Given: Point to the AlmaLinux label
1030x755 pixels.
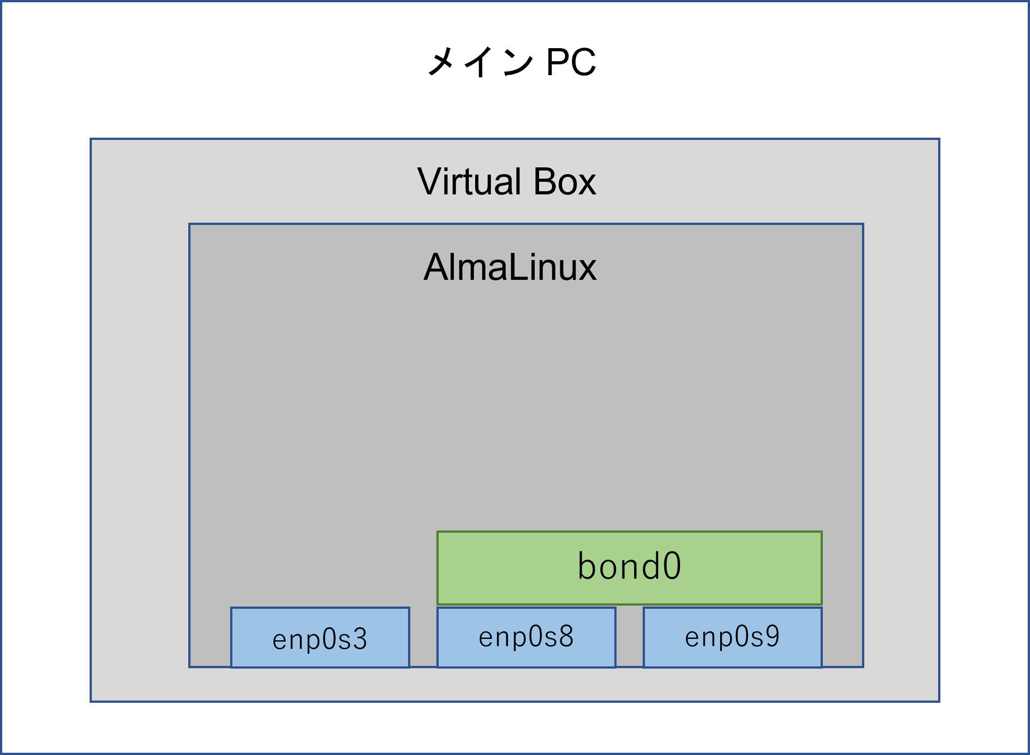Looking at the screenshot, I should point(510,267).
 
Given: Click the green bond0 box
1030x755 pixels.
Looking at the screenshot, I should point(629,568).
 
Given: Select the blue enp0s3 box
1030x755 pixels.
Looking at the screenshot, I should point(320,638).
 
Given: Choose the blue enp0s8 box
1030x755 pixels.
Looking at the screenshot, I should point(526,637).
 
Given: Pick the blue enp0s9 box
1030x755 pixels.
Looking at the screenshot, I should point(733,637).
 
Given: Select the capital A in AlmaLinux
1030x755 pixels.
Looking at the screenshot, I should point(435,267).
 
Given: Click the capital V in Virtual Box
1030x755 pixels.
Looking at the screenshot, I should point(429,181).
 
